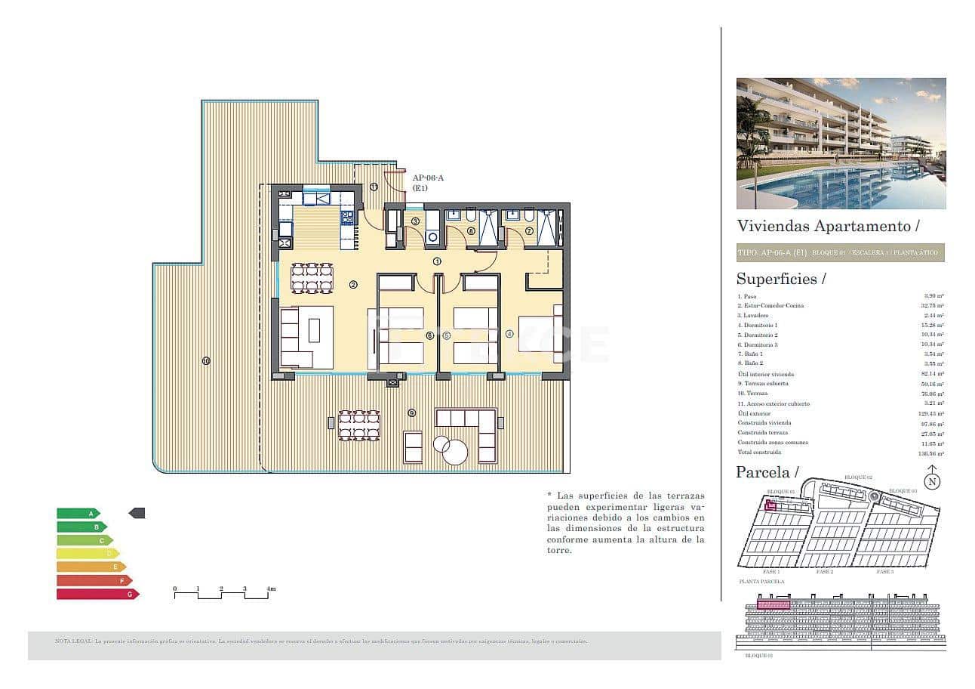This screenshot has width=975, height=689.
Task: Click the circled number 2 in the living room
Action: coord(352,285)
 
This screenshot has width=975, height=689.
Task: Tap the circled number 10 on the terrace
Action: coord(206,360)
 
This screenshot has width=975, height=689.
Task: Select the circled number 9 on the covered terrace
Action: coord(411,412)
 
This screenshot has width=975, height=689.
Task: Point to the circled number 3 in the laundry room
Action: coord(415,221)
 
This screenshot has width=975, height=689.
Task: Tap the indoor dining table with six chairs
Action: coord(312,277)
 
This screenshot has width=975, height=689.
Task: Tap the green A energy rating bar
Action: coord(78,513)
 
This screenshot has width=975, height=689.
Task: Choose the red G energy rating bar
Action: coord(97,595)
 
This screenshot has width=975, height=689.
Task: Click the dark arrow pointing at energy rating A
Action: coord(137,513)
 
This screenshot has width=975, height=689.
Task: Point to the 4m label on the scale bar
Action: coord(270,588)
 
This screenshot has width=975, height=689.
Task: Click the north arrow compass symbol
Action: coord(933,479)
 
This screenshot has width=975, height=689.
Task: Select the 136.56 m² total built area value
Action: coord(934,453)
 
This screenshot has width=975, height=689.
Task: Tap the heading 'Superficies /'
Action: coord(781,279)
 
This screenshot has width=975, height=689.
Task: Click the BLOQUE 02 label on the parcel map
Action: coord(858,477)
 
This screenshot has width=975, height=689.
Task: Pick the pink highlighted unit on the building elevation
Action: coord(773,604)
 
